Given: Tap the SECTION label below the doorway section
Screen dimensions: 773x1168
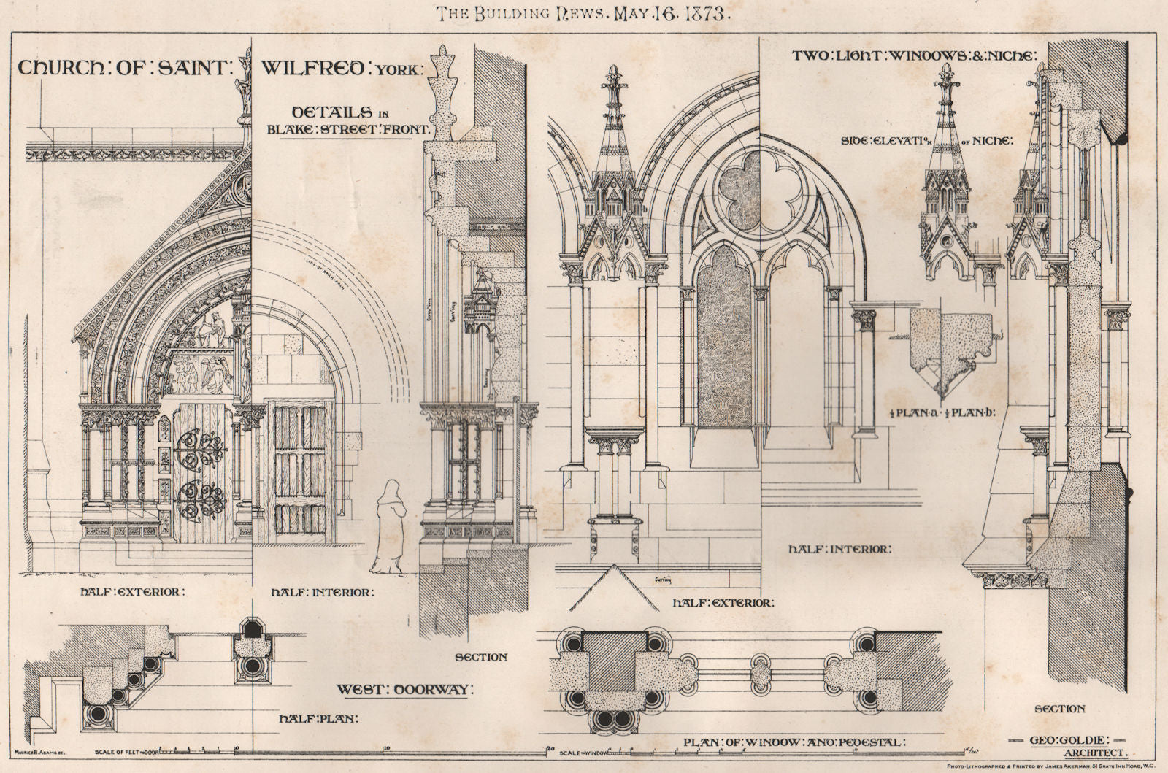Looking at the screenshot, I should [x=480, y=657].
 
